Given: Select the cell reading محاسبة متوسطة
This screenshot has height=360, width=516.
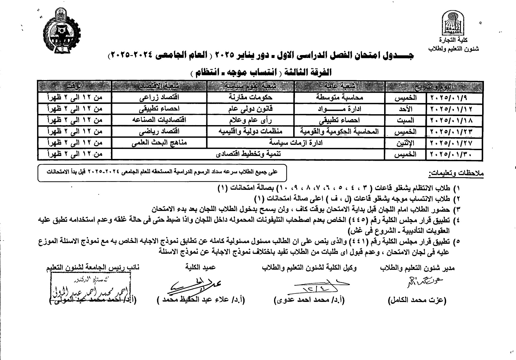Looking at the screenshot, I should (340, 98).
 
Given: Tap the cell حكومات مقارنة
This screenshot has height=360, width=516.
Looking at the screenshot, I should (251, 98).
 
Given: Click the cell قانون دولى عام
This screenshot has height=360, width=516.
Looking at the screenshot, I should (251, 109).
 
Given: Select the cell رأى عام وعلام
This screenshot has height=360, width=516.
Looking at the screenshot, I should (251, 120).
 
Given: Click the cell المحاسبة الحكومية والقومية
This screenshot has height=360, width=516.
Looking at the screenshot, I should (340, 132).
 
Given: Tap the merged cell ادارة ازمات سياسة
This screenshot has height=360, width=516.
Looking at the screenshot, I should (296, 143).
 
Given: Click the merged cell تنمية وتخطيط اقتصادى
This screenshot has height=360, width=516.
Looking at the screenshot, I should (248, 154).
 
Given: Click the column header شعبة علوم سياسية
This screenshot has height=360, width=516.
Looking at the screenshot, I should (251, 86).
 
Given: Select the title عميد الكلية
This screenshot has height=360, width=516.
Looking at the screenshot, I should (201, 267).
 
